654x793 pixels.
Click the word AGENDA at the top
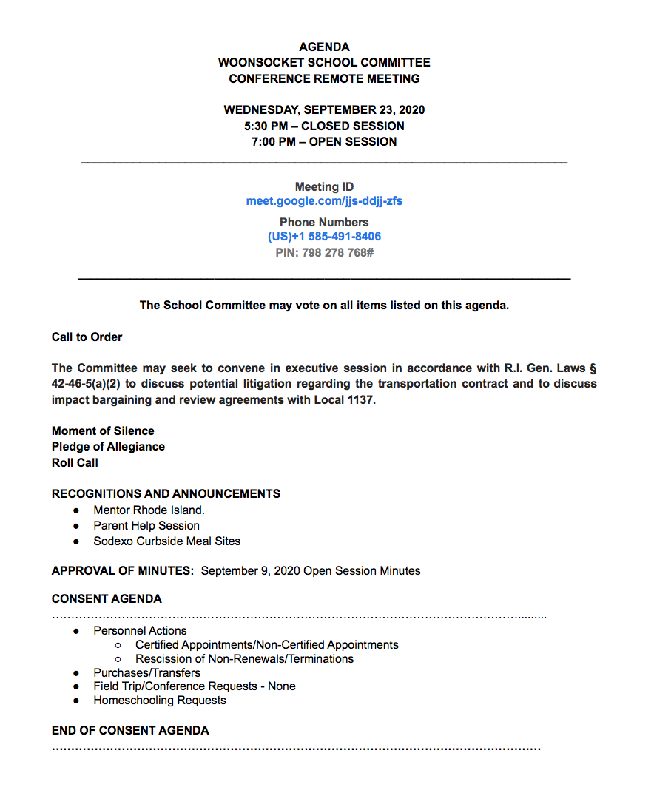pos(324,47)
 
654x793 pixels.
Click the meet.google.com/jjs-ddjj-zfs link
pos(324,201)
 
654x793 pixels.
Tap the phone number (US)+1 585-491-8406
pos(324,237)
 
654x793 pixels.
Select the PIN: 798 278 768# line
pos(324,252)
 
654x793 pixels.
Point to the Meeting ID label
pos(324,187)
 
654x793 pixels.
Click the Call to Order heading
pos(87,337)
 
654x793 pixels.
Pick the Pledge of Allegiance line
pos(108,447)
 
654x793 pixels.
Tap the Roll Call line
pos(75,463)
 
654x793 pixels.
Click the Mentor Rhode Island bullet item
pos(149,510)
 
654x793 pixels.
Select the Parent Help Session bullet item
pos(146,526)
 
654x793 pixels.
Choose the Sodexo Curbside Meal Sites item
pos(166,541)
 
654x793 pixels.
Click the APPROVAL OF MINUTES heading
pos(122,571)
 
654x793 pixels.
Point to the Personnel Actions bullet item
pos(140,631)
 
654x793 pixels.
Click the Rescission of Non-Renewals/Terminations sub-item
pos(244,659)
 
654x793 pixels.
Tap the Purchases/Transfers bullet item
pos(146,673)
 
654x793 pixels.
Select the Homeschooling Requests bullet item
pos(160,701)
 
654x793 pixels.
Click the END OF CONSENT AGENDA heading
pos(130,731)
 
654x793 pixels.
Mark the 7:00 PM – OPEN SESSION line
pos(324,142)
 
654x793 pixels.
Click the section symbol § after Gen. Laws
pos(593,368)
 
